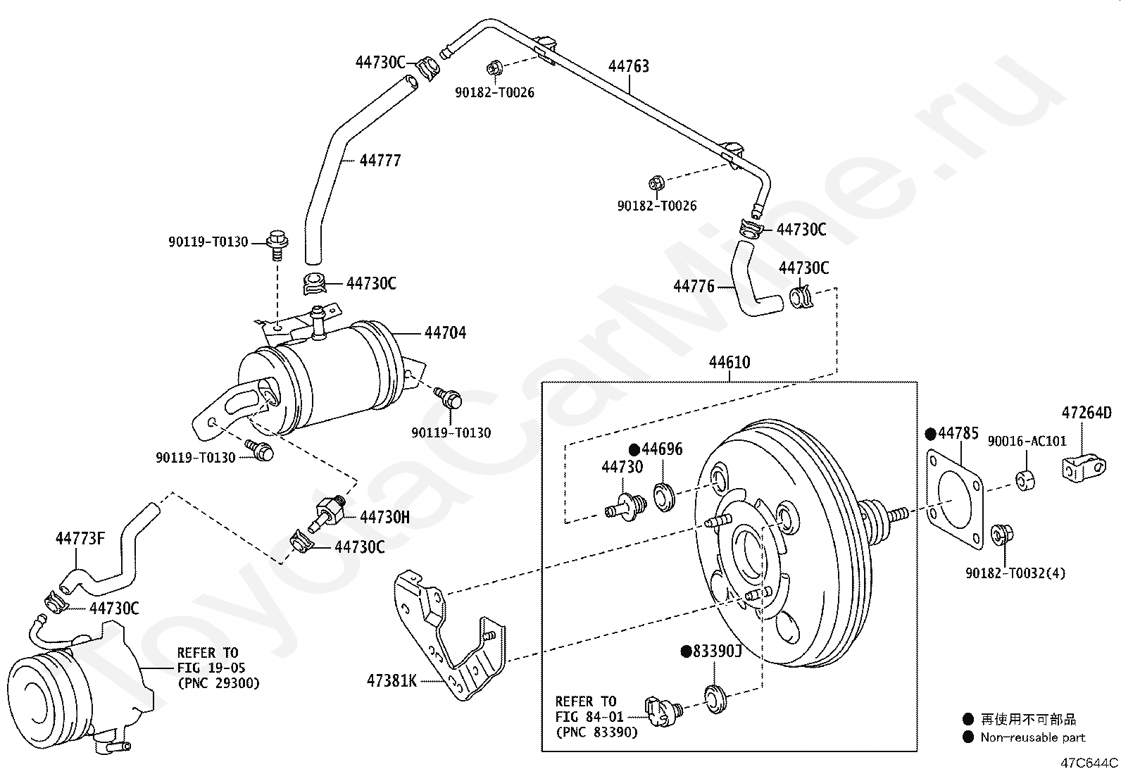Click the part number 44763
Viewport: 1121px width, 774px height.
click(628, 66)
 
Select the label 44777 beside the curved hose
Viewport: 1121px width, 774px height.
click(380, 161)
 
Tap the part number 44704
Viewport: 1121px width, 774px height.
click(445, 332)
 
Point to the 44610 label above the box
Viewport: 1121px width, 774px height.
click(729, 363)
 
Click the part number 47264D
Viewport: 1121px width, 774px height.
click(1086, 413)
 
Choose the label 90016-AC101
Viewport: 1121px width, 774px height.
click(1027, 442)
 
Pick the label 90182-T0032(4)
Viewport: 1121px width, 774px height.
click(1015, 573)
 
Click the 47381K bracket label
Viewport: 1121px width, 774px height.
click(392, 680)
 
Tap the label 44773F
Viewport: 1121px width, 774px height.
click(80, 539)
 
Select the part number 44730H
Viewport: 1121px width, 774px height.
click(384, 518)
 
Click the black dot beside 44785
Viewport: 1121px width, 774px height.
click(929, 434)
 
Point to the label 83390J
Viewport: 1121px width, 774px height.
click(717, 651)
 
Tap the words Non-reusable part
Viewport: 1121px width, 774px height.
click(1033, 737)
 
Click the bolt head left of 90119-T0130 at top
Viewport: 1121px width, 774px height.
click(275, 240)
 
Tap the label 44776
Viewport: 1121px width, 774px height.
click(694, 287)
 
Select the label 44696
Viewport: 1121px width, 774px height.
click(662, 449)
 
